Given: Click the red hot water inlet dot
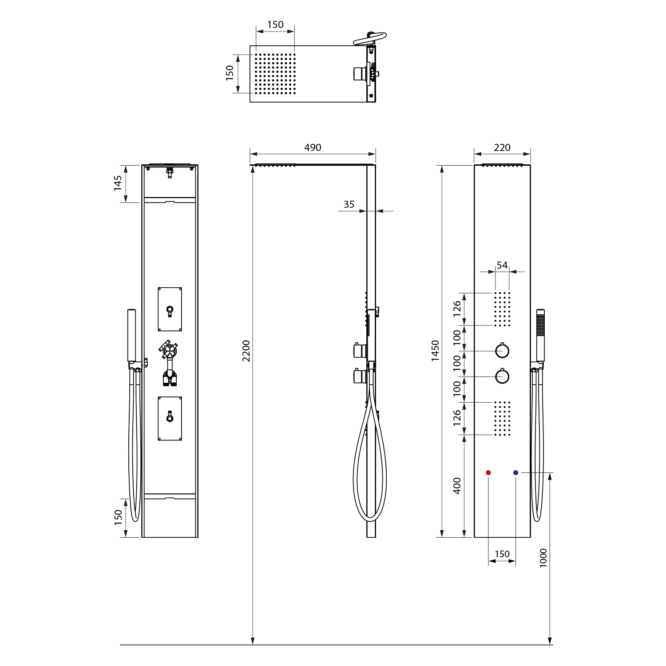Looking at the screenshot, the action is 488,472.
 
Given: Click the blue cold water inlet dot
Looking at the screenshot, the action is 515,472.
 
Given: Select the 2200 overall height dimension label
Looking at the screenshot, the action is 246,351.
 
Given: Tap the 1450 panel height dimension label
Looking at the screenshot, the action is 436,351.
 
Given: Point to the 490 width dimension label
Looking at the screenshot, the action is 313,147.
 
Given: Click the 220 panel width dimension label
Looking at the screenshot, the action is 502,147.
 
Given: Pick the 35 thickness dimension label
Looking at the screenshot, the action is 349,204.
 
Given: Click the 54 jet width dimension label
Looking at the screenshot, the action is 502,265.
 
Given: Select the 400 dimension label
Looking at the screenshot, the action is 457,486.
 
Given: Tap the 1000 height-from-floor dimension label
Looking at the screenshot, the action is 543,558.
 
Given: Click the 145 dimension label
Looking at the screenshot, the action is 118,183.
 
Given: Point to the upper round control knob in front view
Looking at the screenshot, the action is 502,351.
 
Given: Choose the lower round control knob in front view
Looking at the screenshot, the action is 502,377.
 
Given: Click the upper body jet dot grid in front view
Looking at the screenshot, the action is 502,309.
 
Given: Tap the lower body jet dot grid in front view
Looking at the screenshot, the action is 502,419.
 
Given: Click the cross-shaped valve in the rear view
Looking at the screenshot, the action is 169,350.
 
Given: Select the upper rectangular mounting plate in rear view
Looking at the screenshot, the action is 170,309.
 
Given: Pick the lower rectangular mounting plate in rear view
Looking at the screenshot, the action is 170,418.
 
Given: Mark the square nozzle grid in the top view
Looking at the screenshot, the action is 275,74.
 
